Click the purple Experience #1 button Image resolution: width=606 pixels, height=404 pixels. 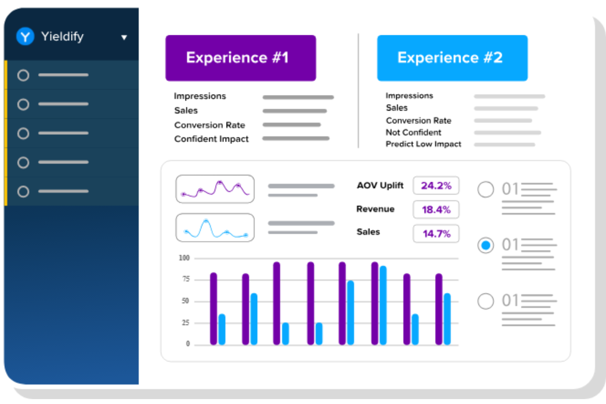240,58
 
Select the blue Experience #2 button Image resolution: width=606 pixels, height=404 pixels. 452,58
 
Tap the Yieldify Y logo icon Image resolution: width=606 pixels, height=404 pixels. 25,36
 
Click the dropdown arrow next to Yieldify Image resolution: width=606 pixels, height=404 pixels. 124,38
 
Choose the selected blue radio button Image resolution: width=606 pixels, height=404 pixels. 486,245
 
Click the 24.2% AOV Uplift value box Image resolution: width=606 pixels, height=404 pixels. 436,185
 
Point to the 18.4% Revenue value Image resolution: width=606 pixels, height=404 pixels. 436,210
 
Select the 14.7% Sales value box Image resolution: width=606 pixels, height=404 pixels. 436,234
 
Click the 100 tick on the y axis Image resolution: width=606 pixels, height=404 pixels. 184,258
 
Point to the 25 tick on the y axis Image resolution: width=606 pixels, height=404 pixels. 185,323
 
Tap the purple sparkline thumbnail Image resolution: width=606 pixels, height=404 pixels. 215,189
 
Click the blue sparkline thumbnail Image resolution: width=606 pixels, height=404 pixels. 215,228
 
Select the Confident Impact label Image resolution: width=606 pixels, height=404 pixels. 211,139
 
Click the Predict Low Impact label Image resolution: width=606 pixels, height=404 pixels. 423,144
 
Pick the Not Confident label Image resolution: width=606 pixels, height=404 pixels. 413,132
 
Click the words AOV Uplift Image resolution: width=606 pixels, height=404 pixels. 380,185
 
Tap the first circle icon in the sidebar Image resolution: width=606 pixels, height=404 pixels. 23,75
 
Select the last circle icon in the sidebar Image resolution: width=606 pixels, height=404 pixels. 23,192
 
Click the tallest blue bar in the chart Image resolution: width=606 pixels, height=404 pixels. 383,305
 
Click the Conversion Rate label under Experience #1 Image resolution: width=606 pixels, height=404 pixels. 209,125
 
